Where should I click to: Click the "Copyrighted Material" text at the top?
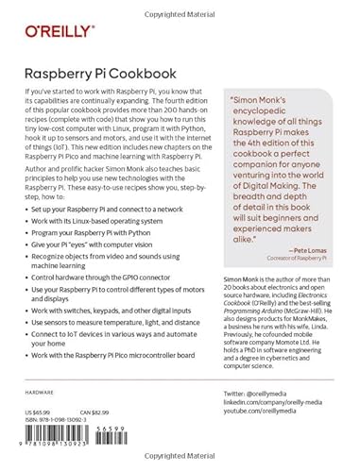(x=180, y=6)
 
